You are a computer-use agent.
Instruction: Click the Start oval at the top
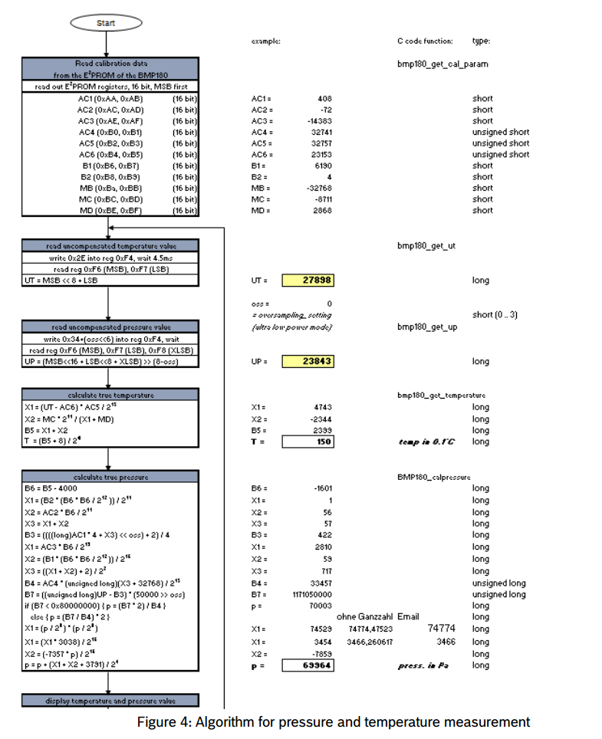pyautogui.click(x=106, y=23)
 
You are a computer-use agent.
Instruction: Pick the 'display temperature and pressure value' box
pyautogui.click(x=110, y=701)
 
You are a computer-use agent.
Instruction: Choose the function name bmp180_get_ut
pyautogui.click(x=426, y=246)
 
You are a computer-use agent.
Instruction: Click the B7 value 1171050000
pyautogui.click(x=310, y=594)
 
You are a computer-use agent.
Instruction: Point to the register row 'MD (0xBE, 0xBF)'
pyautogui.click(x=110, y=210)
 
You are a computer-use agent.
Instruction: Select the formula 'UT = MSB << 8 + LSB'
pyautogui.click(x=62, y=281)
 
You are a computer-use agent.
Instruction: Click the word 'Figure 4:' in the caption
pyautogui.click(x=164, y=722)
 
